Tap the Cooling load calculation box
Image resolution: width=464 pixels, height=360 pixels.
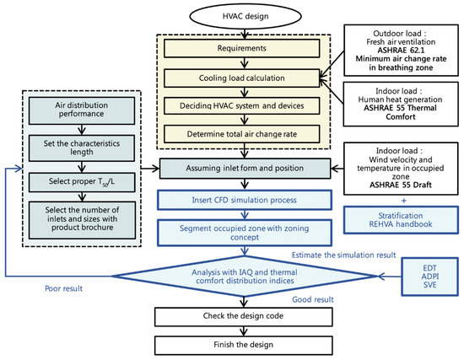(x=245, y=78)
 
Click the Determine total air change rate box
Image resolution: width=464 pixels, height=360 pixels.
(x=245, y=132)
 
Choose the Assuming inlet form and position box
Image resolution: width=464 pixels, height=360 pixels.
(x=245, y=169)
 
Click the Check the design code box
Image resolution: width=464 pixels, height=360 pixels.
(x=245, y=315)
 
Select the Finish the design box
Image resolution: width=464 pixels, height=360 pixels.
(x=245, y=344)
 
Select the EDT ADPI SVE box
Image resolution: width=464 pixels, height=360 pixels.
(x=425, y=275)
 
